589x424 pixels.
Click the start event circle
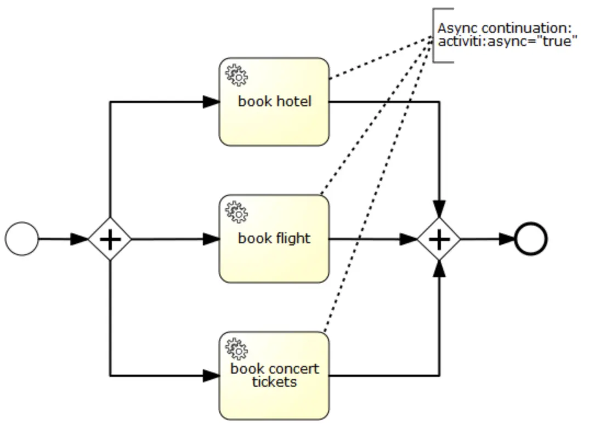pos(22,239)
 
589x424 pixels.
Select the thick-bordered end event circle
pos(530,239)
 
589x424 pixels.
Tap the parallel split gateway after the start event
pos(110,239)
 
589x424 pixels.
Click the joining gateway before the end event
pos(439,239)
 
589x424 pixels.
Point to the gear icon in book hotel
pos(236,75)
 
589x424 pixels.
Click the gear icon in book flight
pos(236,212)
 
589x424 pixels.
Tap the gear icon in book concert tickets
pos(236,349)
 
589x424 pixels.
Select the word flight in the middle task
pos(291,238)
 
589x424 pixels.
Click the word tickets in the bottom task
pos(274,381)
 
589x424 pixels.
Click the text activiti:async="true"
pos(507,42)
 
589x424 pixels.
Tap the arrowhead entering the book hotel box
pos(211,102)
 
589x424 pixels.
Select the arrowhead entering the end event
pos(507,239)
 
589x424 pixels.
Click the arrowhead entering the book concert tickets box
pos(211,376)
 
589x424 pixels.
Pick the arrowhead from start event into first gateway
pos(80,239)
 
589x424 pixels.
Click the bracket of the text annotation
pos(435,35)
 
